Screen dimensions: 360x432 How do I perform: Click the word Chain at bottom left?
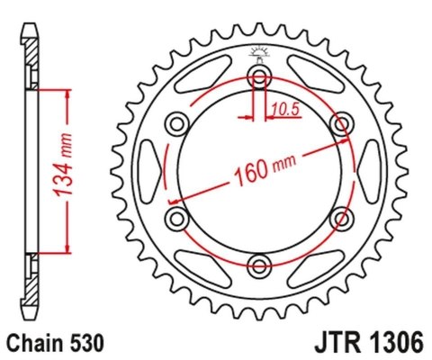pyautogui.click(x=30, y=344)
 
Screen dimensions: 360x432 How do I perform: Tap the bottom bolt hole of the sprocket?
pyautogui.click(x=260, y=264)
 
